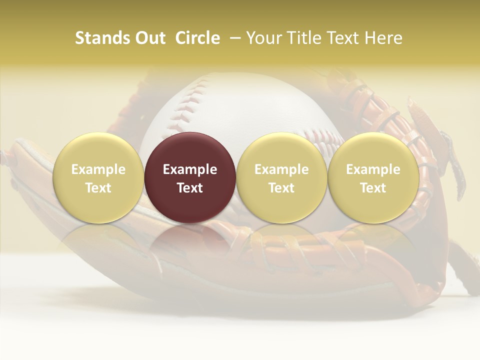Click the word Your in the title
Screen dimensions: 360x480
tap(262, 38)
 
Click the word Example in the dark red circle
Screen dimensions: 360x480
tap(190, 169)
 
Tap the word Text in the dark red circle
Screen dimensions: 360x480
tap(190, 188)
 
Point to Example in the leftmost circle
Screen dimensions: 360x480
tap(98, 169)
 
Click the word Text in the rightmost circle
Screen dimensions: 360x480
tap(373, 188)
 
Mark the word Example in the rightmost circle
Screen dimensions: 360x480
tap(373, 169)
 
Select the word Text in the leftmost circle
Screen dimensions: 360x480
tap(98, 188)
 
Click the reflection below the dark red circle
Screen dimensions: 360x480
tap(190, 240)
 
